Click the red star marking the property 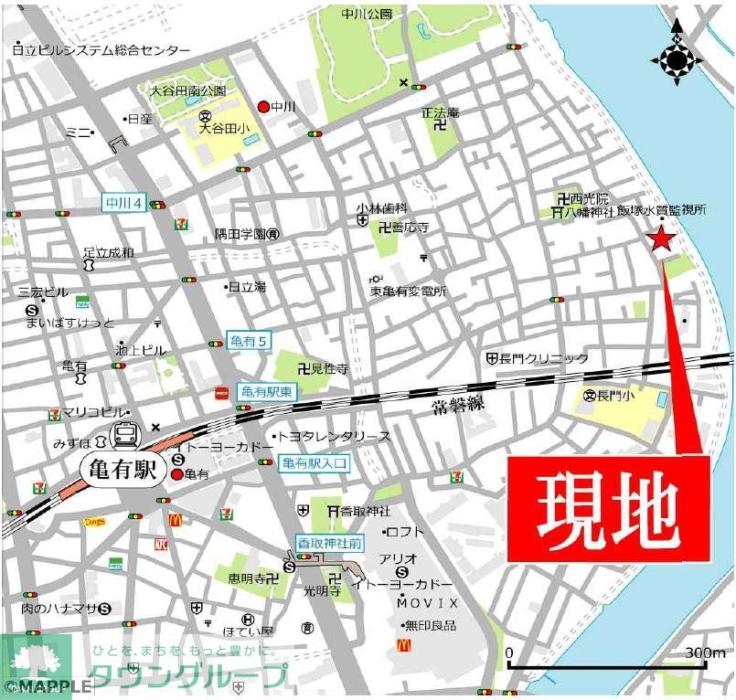pos(660,240)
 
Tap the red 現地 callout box pos(608,509)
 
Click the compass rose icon pos(677,60)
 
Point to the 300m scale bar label pos(705,653)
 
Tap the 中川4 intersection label pos(122,203)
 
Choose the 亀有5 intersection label pos(250,342)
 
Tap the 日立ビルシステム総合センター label pos(101,50)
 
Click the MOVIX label pos(428,604)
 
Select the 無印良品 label pos(433,625)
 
